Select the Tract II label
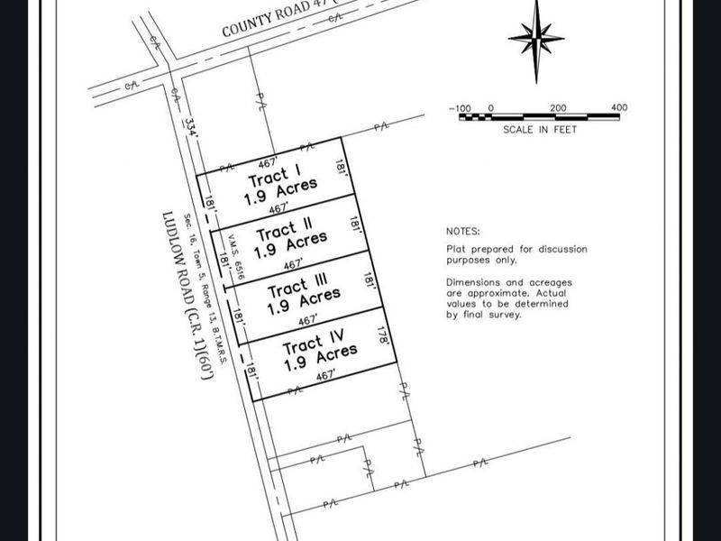(x=282, y=231)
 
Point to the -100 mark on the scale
(x=461, y=107)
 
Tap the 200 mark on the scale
(x=558, y=107)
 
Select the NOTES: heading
(x=463, y=232)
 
